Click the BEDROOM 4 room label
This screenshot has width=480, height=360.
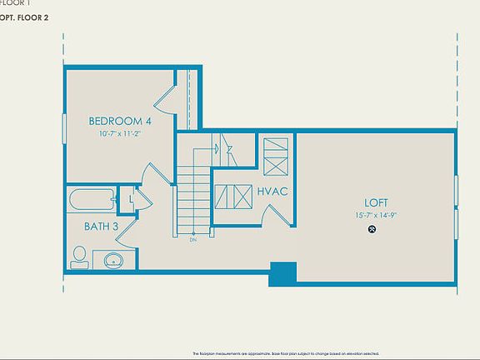coord(119,121)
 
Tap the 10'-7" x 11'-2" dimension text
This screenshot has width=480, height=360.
coord(120,132)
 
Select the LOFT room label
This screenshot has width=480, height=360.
coord(376,202)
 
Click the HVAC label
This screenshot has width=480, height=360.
coord(272,192)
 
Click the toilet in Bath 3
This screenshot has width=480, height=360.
coord(80,257)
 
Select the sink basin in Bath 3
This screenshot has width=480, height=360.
coord(113,260)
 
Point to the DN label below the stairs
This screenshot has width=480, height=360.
coord(192,241)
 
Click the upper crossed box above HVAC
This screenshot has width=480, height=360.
coord(275,154)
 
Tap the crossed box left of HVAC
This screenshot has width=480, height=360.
coord(232,197)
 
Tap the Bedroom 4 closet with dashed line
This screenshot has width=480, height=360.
coord(189,98)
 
